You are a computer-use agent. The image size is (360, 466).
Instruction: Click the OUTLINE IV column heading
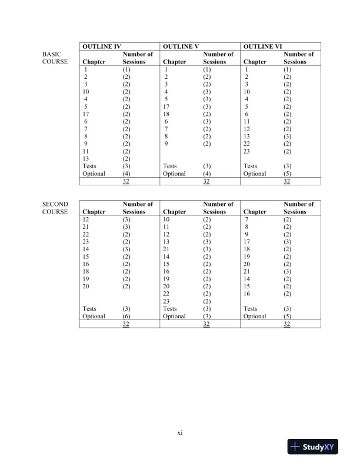[101, 45]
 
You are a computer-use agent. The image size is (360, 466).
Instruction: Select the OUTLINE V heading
[181, 45]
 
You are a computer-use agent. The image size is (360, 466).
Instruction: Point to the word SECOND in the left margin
[55, 204]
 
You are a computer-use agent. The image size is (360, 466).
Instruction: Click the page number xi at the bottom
[180, 433]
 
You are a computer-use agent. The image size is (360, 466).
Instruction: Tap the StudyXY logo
[315, 447]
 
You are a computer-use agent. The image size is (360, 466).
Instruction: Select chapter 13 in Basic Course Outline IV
[86, 159]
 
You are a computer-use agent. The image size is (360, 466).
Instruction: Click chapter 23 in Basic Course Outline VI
[247, 151]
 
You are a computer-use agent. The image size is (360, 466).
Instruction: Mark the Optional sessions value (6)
[126, 316]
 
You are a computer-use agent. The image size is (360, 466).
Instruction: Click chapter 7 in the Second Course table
[247, 219]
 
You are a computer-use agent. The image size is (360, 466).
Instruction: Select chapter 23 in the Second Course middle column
[166, 301]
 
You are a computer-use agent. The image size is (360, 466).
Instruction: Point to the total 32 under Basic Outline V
[206, 182]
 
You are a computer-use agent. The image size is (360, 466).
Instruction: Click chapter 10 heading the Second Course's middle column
[166, 219]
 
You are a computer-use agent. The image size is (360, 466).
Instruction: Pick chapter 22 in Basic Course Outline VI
[247, 144]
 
